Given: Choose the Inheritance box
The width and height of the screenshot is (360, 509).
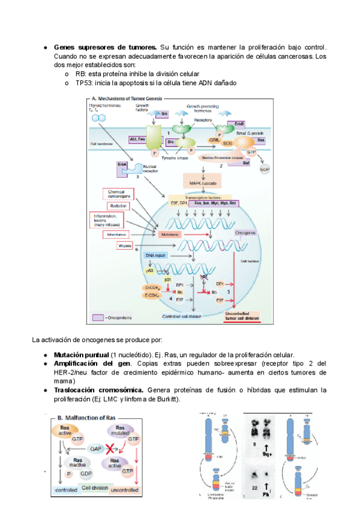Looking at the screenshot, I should pos(117,234).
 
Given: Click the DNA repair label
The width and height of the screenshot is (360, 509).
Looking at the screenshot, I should pos(155,256).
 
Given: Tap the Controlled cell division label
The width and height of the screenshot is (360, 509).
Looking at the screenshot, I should pos(184,316).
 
